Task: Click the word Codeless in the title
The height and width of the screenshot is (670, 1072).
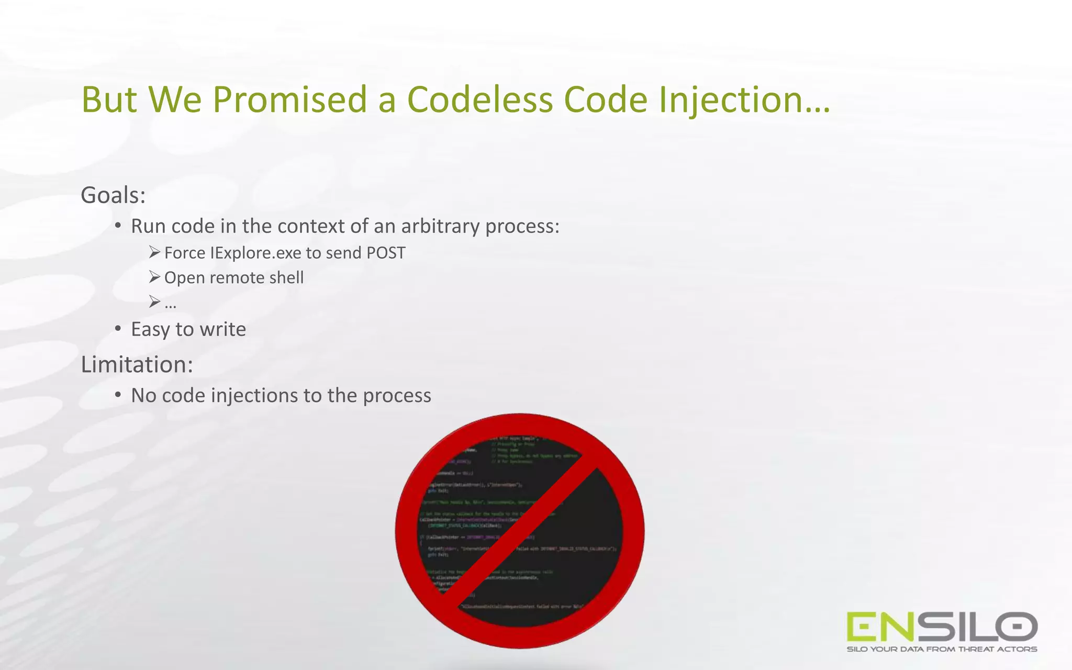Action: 479,99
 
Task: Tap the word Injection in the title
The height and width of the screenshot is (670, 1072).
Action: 743,99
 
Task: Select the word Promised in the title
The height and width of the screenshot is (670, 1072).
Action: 289,99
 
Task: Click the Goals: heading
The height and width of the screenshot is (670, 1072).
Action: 113,195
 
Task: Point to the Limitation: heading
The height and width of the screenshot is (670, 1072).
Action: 137,364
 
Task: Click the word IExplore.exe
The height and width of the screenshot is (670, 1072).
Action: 255,253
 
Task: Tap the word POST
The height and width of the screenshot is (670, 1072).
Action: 386,253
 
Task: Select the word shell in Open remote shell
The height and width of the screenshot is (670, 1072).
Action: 286,277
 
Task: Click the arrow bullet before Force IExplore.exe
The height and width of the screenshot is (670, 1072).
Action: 154,252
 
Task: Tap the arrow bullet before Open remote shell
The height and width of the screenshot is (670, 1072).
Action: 154,276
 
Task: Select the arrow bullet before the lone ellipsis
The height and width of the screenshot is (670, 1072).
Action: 154,301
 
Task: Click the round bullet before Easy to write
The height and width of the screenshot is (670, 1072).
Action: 118,329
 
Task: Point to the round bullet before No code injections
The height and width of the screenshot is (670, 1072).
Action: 118,395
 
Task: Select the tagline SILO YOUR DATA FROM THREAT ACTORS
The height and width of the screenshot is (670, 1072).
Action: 942,650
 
